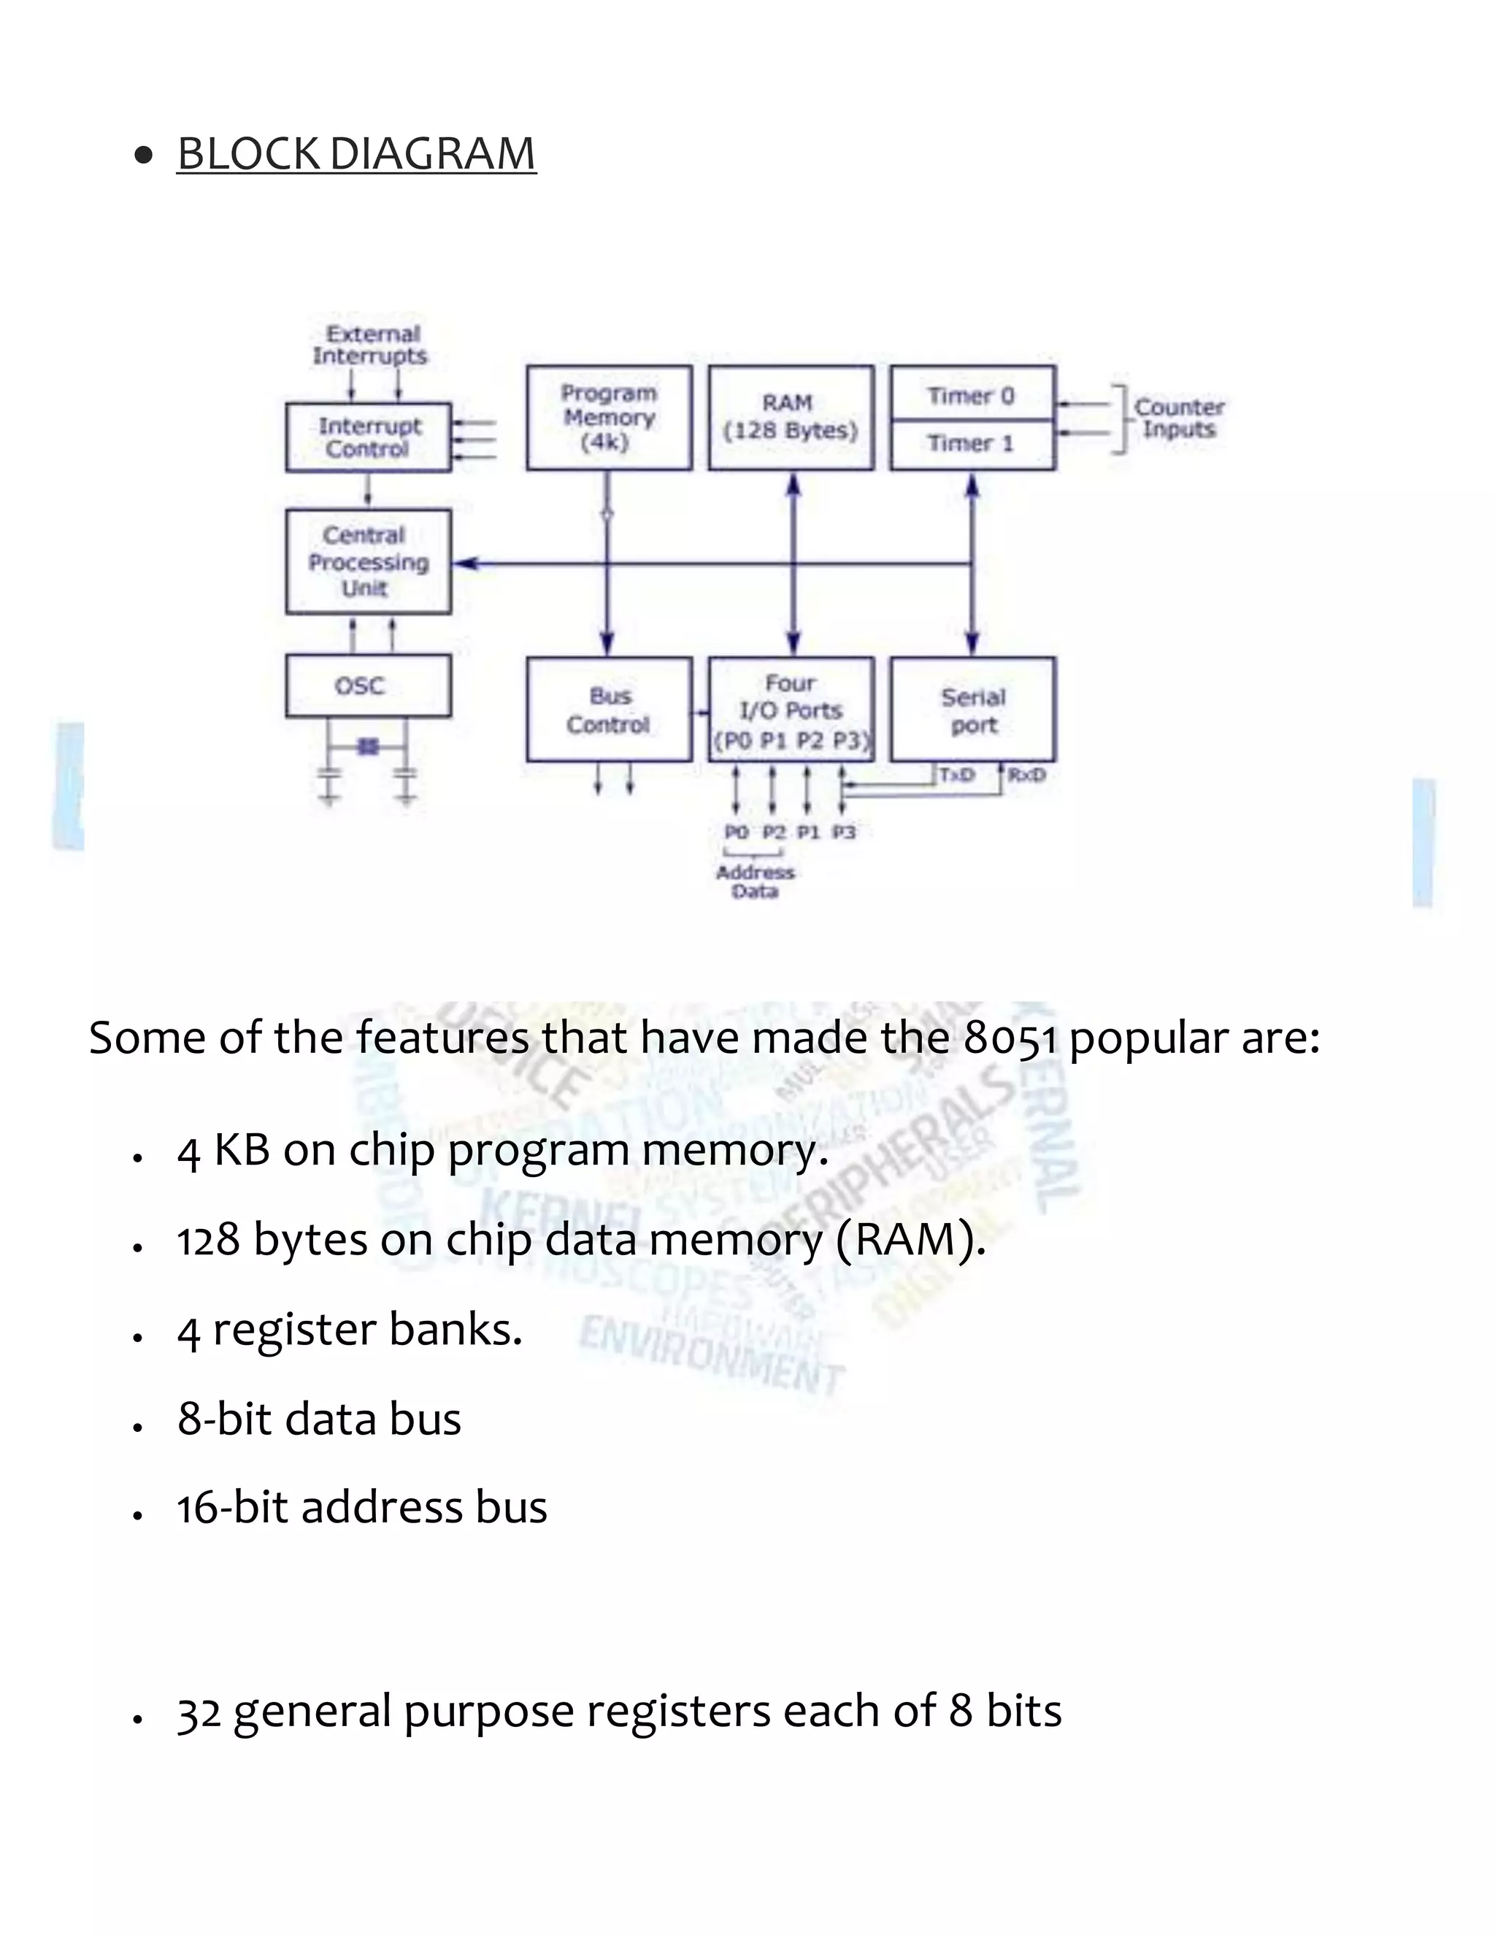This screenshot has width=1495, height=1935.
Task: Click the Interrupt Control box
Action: click(368, 437)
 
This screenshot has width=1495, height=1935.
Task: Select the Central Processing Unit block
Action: click(368, 562)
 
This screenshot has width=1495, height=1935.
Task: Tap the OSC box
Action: click(368, 686)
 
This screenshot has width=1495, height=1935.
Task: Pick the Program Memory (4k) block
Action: click(609, 417)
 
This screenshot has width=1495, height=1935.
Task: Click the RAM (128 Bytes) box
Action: click(790, 417)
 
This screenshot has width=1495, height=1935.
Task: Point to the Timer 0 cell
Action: click(972, 395)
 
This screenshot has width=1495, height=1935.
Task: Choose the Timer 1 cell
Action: click(972, 444)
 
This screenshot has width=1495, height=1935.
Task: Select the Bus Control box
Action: click(609, 710)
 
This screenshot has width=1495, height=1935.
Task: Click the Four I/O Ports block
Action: click(790, 710)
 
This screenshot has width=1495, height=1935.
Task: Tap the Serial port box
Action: click(972, 710)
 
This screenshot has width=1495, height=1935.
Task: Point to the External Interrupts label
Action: click(370, 345)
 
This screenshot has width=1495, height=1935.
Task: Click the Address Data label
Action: click(755, 881)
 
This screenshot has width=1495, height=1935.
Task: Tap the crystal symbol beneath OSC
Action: click(368, 747)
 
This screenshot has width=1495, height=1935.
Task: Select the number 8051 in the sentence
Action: click(1010, 1038)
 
